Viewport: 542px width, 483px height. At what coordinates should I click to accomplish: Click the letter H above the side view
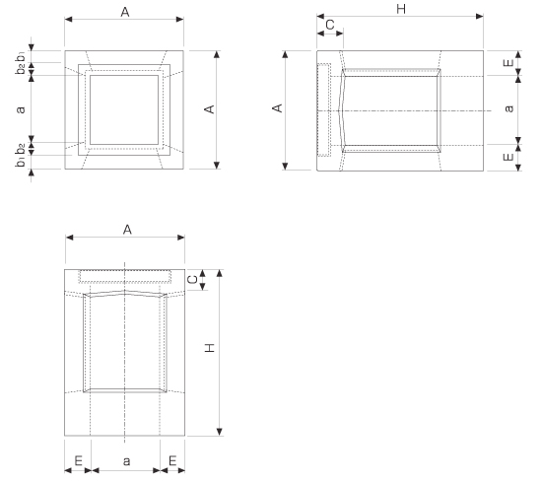(401, 9)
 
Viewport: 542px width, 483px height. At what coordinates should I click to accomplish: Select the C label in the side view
(330, 25)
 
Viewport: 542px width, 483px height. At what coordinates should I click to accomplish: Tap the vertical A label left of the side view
(278, 108)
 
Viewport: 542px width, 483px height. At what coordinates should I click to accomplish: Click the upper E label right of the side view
(508, 63)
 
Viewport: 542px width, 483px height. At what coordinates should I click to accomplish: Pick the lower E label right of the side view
(508, 157)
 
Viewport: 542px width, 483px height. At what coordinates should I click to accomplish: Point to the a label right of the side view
(509, 108)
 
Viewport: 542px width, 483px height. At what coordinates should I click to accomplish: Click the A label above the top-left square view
(125, 12)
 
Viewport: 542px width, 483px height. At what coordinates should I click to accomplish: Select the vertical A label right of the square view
(210, 109)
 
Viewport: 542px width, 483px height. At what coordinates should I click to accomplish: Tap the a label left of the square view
(21, 109)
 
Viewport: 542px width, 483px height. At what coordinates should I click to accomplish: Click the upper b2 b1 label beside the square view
(21, 62)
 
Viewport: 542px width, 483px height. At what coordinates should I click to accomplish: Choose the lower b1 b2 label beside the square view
(21, 155)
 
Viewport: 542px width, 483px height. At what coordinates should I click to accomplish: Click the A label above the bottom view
(127, 230)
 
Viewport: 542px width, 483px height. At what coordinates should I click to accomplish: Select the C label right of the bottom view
(192, 279)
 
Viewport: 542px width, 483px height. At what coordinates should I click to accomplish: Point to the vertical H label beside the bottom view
(210, 348)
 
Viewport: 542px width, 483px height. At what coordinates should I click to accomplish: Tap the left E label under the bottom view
(79, 460)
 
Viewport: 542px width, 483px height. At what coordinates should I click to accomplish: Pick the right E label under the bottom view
(172, 460)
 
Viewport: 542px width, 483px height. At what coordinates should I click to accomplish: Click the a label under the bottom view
(126, 461)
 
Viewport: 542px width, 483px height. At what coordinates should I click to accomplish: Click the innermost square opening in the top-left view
(91, 109)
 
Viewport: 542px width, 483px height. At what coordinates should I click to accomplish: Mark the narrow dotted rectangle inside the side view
(318, 109)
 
